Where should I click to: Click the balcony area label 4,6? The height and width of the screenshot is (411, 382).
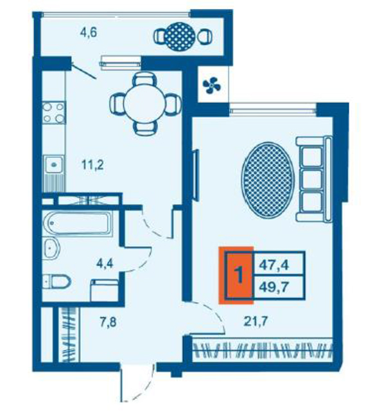(x=89, y=33)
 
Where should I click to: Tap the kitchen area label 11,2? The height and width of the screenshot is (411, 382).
(x=92, y=165)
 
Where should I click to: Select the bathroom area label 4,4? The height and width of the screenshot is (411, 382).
(x=105, y=263)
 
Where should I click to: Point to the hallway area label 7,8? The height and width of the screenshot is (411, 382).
(x=108, y=322)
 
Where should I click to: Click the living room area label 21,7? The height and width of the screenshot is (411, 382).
(x=256, y=321)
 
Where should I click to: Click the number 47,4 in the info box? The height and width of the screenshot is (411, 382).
(x=273, y=265)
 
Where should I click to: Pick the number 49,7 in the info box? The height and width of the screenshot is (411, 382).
(x=273, y=287)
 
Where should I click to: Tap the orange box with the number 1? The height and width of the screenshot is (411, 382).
(x=236, y=275)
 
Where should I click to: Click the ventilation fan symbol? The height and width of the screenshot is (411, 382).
(x=212, y=85)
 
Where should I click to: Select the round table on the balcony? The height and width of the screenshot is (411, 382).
(x=180, y=37)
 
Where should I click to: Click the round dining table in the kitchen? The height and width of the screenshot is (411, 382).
(x=144, y=103)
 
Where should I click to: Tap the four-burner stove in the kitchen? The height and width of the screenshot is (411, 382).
(x=54, y=113)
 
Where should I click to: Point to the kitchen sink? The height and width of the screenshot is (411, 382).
(x=54, y=164)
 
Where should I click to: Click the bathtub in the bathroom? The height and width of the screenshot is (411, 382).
(x=78, y=223)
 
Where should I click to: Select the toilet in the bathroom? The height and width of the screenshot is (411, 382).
(x=56, y=281)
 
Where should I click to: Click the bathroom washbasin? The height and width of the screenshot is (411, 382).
(x=51, y=249)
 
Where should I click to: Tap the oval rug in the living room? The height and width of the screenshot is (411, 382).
(x=268, y=180)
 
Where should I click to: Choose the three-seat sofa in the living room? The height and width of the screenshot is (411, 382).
(x=314, y=179)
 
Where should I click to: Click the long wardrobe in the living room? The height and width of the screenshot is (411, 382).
(x=263, y=351)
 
